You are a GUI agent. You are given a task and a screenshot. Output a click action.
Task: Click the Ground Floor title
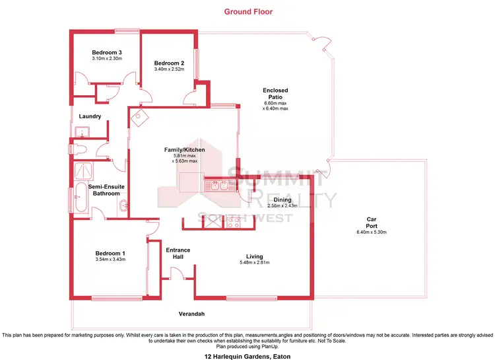[247, 11]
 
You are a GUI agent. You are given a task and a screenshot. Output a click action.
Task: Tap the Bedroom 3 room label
[106, 52]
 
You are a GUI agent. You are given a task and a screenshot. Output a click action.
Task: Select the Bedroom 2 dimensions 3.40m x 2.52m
[168, 69]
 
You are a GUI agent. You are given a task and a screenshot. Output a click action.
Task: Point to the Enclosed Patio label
[275, 94]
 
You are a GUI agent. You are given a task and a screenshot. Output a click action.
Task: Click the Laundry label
[89, 117]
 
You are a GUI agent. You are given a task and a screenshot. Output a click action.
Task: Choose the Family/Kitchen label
[185, 150]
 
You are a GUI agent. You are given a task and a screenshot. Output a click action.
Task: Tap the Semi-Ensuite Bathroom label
[104, 190]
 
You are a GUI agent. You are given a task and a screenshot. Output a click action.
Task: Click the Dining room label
[283, 199]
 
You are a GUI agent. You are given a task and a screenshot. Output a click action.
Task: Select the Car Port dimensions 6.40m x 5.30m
[371, 232]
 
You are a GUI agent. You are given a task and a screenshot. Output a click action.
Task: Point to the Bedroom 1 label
[110, 253]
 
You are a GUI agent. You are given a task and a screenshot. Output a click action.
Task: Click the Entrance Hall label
[178, 253]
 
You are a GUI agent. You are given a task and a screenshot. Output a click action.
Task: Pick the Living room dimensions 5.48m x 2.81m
[255, 263]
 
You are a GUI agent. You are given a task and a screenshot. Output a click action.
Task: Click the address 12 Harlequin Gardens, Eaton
[247, 355]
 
